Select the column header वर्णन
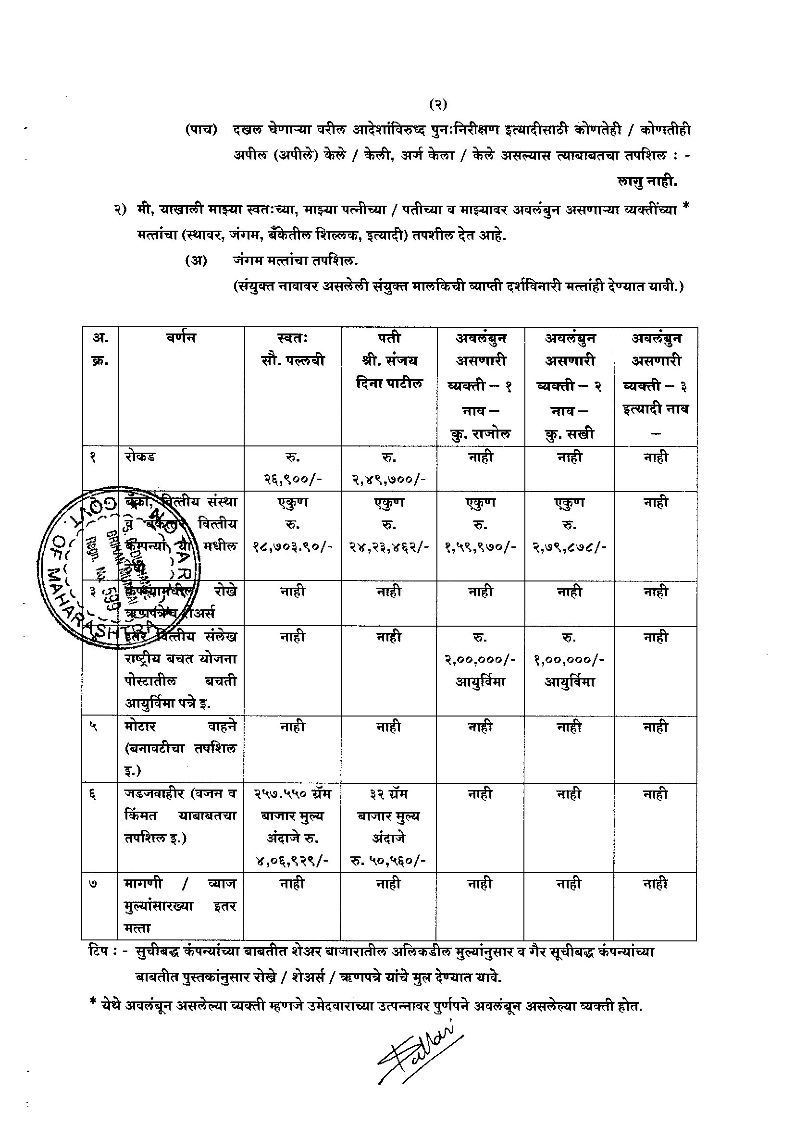(181, 338)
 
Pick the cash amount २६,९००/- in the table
(292, 479)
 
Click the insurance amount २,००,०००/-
(480, 659)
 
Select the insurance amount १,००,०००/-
(569, 659)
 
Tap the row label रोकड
(140, 457)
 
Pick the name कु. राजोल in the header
(480, 434)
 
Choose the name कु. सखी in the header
(569, 434)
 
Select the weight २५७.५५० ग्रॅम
(292, 793)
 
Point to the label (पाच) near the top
(201, 130)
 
